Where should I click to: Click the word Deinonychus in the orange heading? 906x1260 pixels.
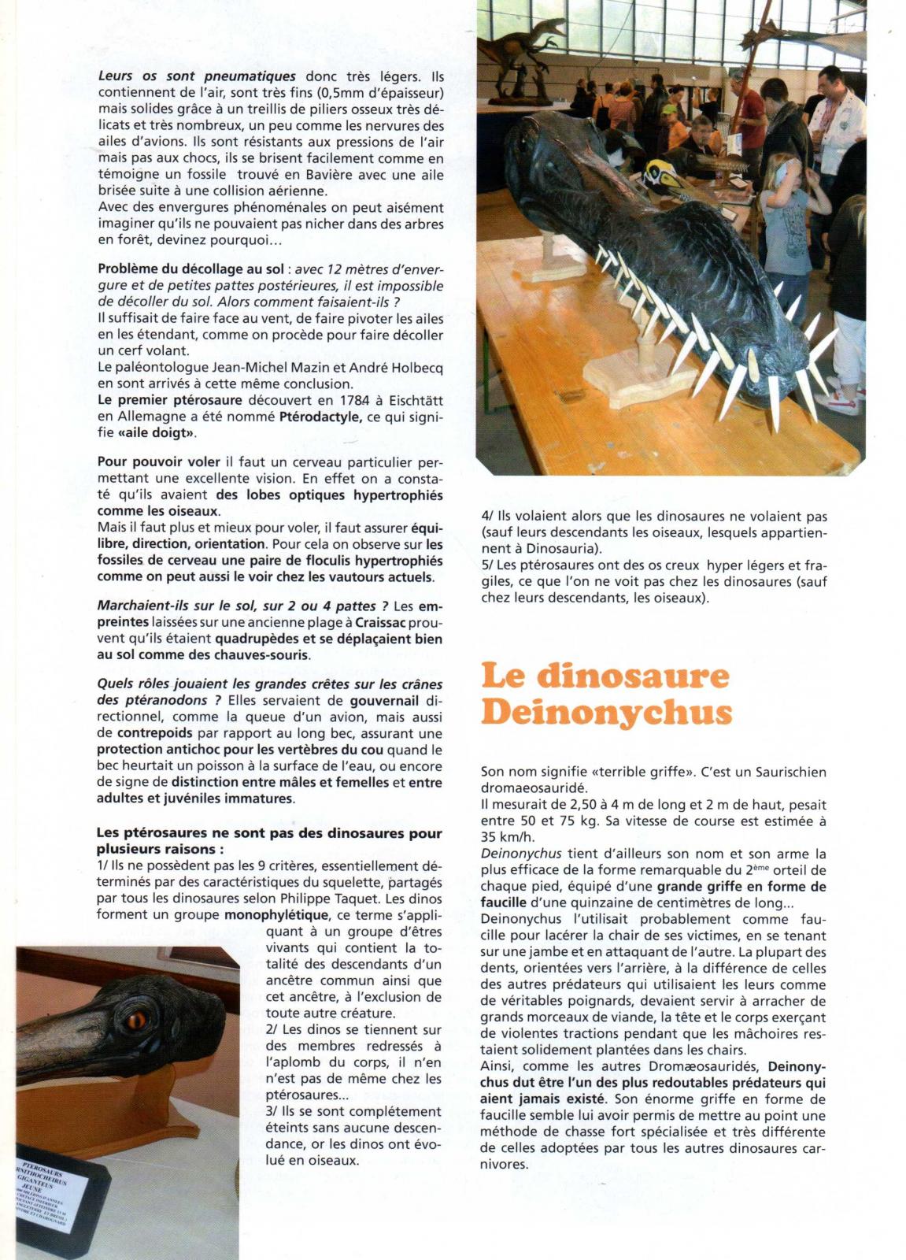coord(605,712)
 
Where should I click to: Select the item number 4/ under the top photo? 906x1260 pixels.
coord(488,517)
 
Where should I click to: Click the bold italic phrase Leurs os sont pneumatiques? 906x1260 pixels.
coord(196,76)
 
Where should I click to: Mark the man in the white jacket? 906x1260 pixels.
coord(858,126)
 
